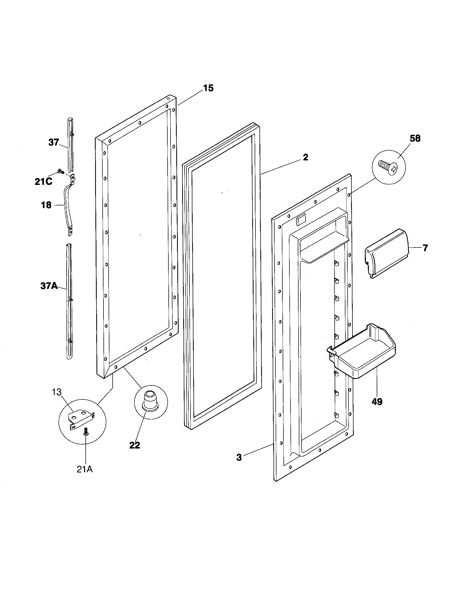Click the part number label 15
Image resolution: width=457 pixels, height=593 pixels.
(x=208, y=88)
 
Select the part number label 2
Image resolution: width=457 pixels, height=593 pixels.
(x=306, y=157)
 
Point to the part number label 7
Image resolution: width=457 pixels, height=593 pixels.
(x=425, y=248)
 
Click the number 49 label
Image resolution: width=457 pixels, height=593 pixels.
(x=377, y=402)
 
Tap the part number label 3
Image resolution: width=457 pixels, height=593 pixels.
(x=239, y=457)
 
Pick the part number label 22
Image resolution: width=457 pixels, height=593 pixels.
(x=135, y=445)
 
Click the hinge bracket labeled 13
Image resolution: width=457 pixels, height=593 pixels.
(x=81, y=419)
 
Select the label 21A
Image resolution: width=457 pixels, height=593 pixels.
(x=85, y=470)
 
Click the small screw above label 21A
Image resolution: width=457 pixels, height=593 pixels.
(x=86, y=431)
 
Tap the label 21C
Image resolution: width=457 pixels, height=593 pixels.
(x=43, y=182)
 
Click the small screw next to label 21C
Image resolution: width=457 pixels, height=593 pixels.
(x=60, y=171)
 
